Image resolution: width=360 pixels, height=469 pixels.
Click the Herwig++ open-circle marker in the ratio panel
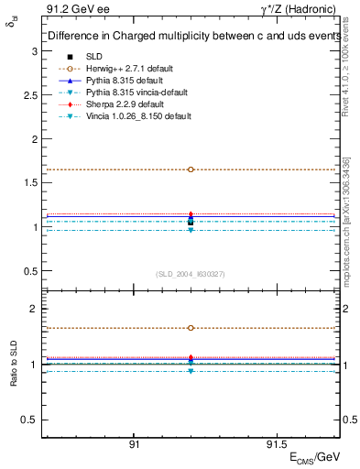pyautogui.click(x=191, y=328)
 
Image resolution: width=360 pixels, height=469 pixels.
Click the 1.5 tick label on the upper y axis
pyautogui.click(x=31, y=182)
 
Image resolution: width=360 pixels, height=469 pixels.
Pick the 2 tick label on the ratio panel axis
pyautogui.click(x=35, y=310)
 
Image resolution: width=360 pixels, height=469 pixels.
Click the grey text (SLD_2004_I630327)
pyautogui.click(x=191, y=274)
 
